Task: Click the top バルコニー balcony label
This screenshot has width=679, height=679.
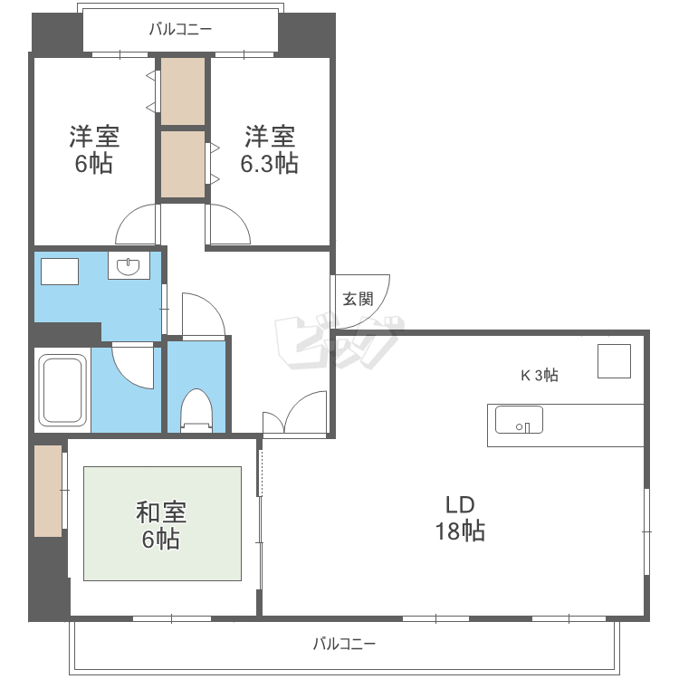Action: click(180, 30)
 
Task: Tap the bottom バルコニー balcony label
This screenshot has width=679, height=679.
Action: click(344, 644)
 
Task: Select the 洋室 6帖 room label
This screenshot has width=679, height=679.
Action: click(94, 149)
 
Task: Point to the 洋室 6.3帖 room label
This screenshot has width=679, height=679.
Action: click(270, 149)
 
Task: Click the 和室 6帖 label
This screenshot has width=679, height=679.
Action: click(161, 525)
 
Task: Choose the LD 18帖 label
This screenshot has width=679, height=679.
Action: click(460, 518)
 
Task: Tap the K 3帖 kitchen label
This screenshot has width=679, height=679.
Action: click(540, 375)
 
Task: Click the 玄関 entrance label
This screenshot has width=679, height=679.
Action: click(359, 300)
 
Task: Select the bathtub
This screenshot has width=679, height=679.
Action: click(62, 389)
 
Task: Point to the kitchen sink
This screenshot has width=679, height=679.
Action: click(519, 419)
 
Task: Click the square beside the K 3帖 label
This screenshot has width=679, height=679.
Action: click(614, 361)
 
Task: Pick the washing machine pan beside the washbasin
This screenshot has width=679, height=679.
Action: click(60, 272)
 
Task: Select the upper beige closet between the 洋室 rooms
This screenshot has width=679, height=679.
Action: click(183, 91)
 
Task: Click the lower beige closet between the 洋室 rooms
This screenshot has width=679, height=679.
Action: click(183, 164)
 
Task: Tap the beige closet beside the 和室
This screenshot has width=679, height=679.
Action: click(48, 491)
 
